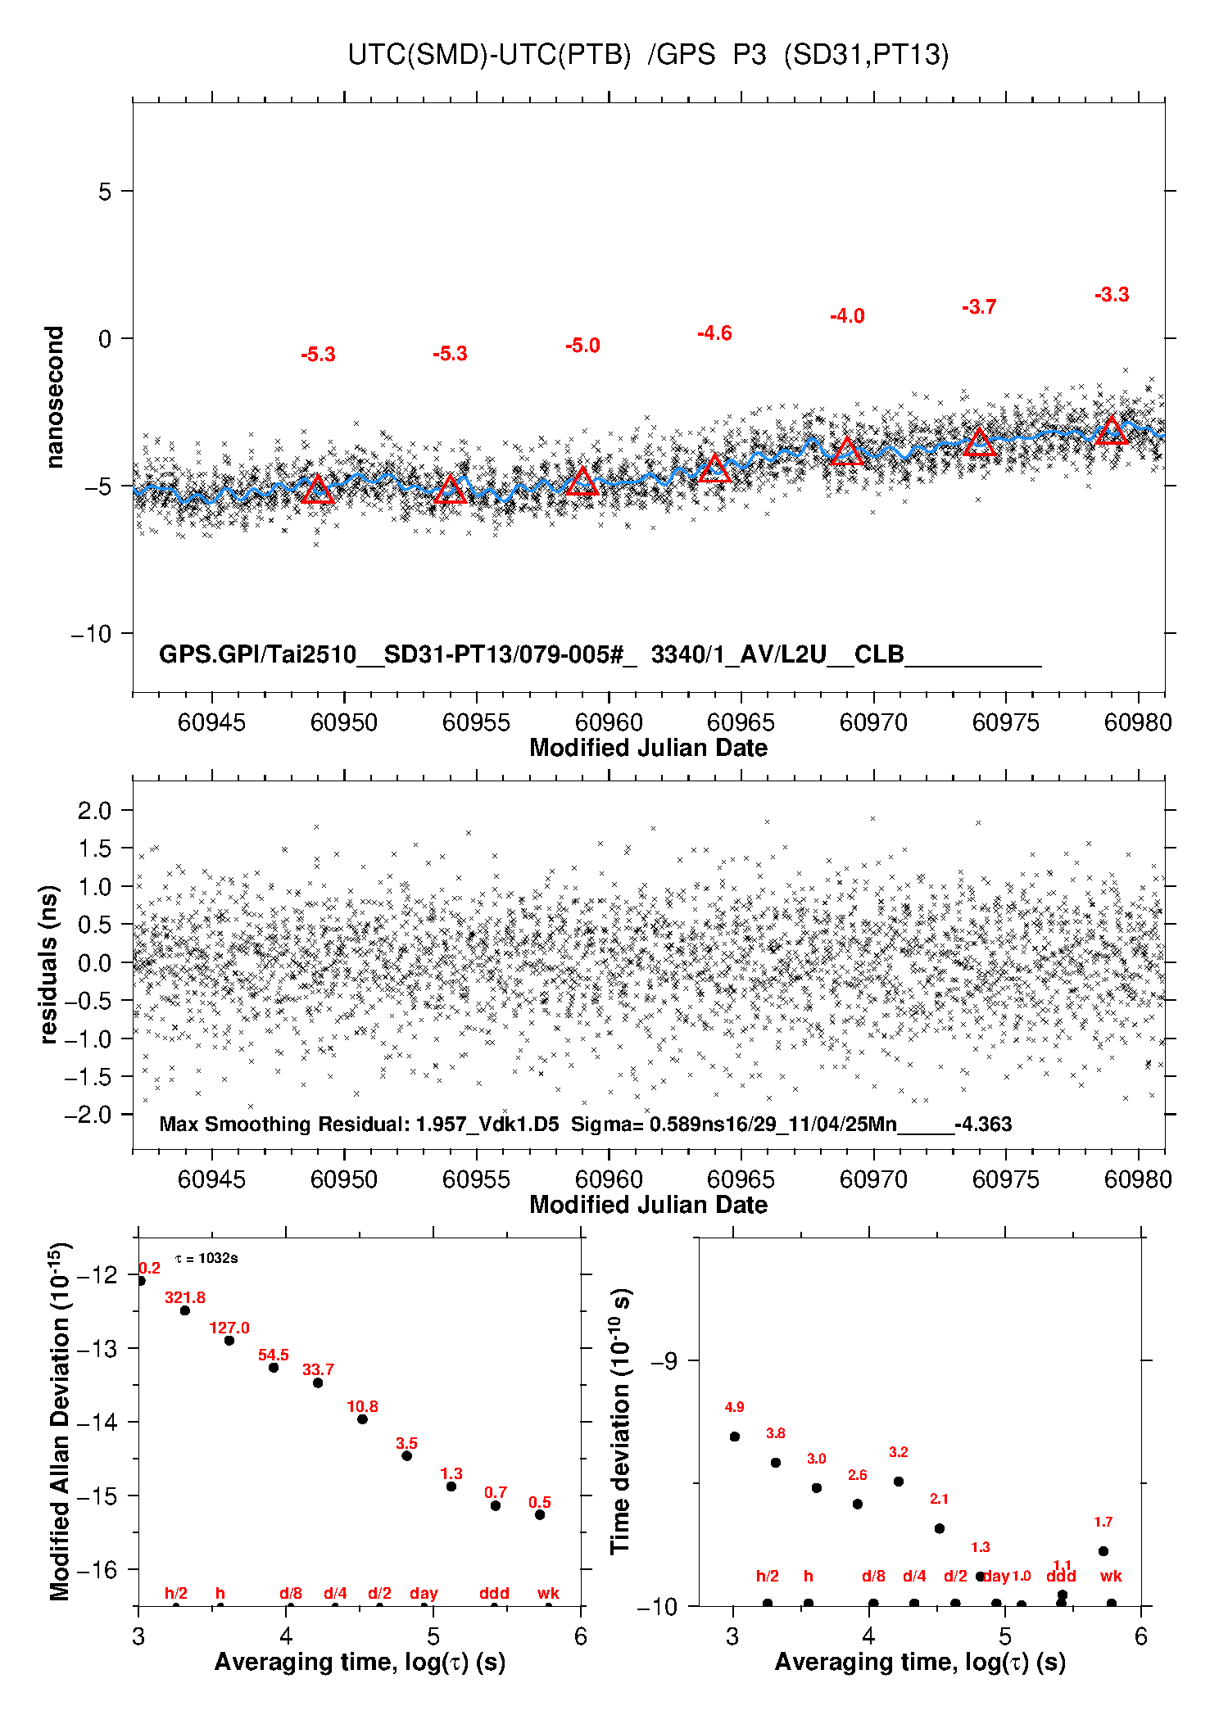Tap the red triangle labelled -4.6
click(x=714, y=469)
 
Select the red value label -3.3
click(x=1112, y=295)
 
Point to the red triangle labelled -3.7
click(x=979, y=443)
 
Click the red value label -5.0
click(x=582, y=346)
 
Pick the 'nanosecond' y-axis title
click(x=54, y=397)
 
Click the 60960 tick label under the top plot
click(x=609, y=722)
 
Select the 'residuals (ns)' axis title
click(x=49, y=964)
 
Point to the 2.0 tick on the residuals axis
click(x=94, y=811)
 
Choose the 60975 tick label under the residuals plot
click(x=1006, y=1179)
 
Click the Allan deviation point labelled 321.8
click(x=185, y=1310)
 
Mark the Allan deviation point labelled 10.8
click(x=362, y=1419)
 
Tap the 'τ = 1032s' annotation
click(x=206, y=1258)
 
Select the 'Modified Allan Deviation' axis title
click(x=60, y=1421)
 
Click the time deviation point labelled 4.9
click(x=735, y=1437)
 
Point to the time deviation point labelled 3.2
click(x=899, y=1482)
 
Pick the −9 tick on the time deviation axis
click(x=664, y=1360)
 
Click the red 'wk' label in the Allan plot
click(x=548, y=1593)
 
